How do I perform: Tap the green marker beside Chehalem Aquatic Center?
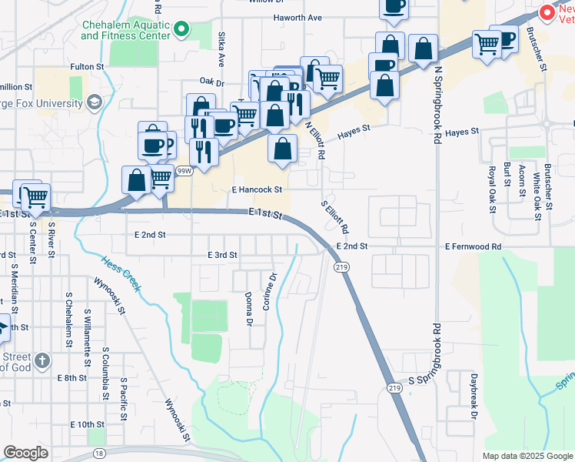click(x=181, y=30)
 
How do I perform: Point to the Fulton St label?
click(x=86, y=67)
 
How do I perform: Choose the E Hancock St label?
click(x=257, y=189)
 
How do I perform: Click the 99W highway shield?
click(x=184, y=171)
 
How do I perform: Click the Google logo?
click(x=25, y=453)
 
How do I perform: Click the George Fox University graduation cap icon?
click(x=94, y=102)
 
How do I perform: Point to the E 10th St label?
click(x=86, y=424)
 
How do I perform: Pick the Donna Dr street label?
click(x=248, y=308)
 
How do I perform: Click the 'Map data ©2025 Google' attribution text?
click(x=527, y=456)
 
